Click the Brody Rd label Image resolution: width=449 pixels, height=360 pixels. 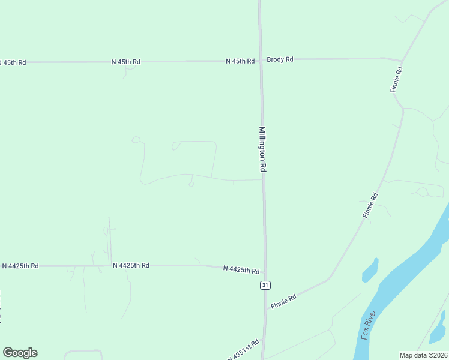[x=280, y=59]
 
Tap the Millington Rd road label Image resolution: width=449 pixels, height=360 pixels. [x=262, y=149]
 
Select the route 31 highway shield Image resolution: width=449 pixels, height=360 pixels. [x=265, y=285]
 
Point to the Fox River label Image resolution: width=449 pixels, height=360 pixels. [x=369, y=324]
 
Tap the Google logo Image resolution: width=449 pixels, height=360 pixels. [x=20, y=353]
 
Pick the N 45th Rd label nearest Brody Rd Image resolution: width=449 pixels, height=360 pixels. [x=240, y=61]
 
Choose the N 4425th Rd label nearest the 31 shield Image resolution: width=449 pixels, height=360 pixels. [x=241, y=270]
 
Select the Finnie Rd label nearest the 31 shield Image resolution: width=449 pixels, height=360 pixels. [x=284, y=302]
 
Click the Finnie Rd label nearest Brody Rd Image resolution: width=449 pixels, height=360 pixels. [x=396, y=79]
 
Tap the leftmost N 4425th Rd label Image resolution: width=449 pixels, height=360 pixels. [x=20, y=266]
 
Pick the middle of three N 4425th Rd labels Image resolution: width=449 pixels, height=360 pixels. [x=131, y=265]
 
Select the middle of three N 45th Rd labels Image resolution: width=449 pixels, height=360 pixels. [x=126, y=62]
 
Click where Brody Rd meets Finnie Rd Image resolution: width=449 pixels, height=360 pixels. [x=402, y=61]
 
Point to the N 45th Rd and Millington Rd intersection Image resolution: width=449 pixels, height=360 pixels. [x=261, y=61]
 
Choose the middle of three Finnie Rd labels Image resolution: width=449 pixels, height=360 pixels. [x=370, y=205]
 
